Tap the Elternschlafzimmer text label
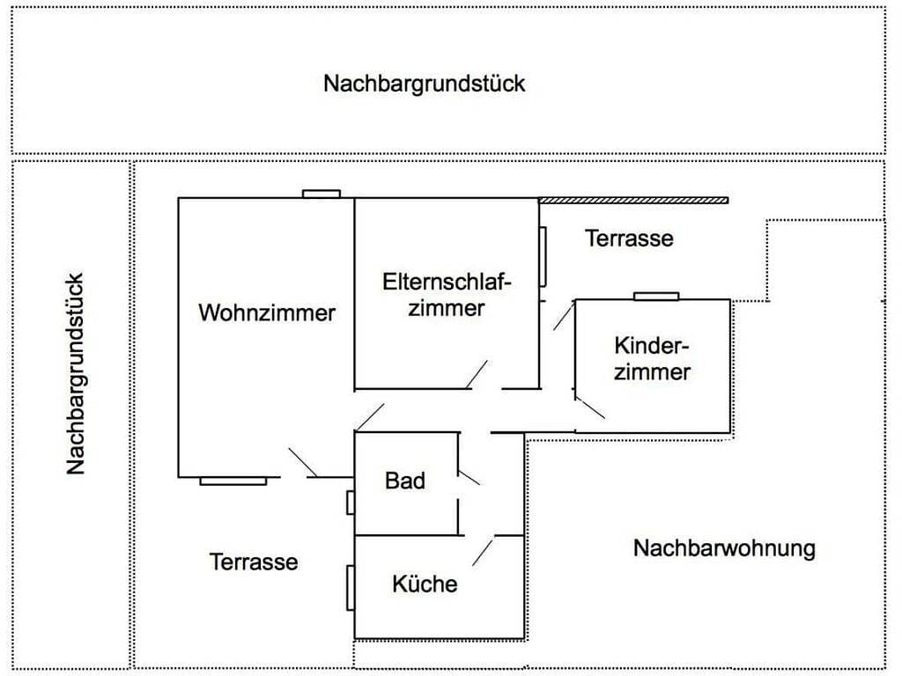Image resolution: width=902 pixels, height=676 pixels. [447, 295]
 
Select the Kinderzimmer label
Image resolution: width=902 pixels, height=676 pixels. [652, 357]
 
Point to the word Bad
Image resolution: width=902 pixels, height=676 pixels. [405, 481]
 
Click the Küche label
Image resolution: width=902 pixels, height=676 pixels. [425, 584]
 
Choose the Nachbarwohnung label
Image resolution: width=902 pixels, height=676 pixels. [724, 548]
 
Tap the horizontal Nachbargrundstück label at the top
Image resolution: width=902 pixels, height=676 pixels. [424, 84]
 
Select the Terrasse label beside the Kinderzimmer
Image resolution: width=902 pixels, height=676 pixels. [629, 238]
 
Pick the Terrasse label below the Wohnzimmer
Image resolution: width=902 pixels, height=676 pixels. [254, 562]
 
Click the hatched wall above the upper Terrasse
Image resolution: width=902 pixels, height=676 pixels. [633, 200]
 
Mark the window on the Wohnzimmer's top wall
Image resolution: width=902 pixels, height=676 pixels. [322, 194]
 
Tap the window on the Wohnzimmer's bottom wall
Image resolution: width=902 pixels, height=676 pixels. [233, 481]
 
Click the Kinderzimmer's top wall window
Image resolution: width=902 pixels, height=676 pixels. [656, 296]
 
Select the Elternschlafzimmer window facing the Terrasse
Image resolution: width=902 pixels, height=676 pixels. [543, 256]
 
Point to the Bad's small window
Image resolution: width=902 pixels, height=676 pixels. [351, 503]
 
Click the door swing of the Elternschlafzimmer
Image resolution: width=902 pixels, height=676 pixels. [478, 374]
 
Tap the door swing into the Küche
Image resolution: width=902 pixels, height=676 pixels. [483, 551]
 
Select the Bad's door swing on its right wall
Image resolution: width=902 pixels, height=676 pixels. [469, 475]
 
